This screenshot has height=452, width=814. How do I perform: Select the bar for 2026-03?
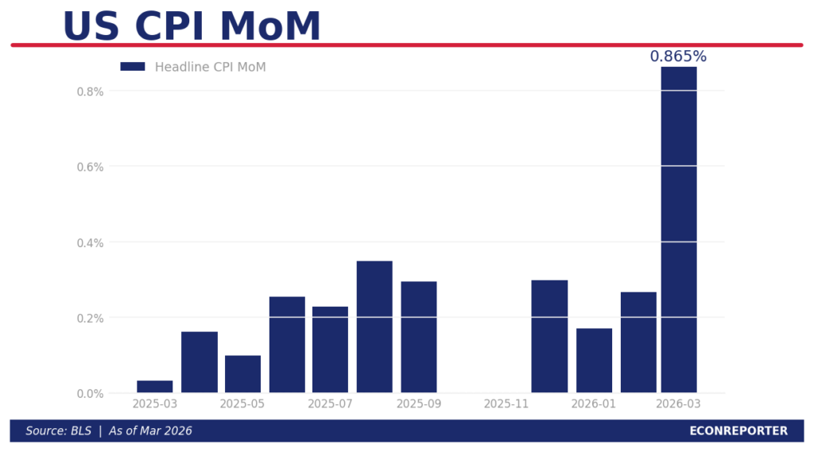(679, 230)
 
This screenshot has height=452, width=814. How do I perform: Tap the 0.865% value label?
(678, 56)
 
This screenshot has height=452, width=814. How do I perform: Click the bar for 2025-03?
(155, 387)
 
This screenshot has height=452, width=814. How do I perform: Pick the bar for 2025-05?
(242, 374)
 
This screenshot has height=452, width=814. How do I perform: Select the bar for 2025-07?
(330, 350)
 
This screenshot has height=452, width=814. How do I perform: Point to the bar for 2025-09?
(419, 337)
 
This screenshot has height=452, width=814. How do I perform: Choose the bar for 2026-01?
(594, 361)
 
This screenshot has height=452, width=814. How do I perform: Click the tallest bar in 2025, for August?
(374, 326)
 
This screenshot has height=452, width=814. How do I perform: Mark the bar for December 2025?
(549, 336)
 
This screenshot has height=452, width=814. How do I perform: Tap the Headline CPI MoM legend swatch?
(133, 67)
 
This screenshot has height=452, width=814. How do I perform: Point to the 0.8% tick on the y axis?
(90, 91)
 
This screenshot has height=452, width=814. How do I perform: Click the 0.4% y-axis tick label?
(90, 242)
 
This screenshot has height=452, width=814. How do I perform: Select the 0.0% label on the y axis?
(90, 393)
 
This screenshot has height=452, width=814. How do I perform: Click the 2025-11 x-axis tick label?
(506, 404)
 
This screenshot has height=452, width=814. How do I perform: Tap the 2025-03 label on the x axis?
(155, 404)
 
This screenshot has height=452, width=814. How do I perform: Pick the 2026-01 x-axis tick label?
(594, 404)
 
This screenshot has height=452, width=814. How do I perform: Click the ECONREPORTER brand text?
(738, 431)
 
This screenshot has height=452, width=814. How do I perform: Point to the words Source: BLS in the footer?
(58, 431)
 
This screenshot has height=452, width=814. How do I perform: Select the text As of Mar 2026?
(151, 431)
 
